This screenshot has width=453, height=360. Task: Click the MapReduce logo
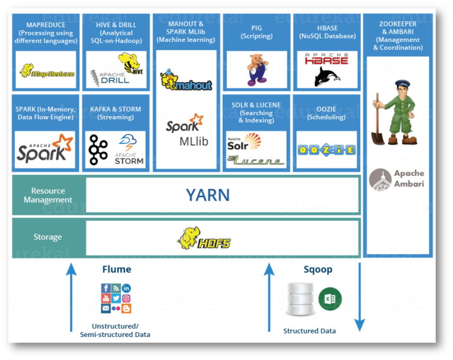coord(47,71)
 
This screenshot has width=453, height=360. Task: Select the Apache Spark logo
coord(45,149)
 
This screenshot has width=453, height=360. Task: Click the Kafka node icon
coord(98,150)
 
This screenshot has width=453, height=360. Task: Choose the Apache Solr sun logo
coord(244,142)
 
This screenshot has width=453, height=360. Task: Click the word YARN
coord(208,195)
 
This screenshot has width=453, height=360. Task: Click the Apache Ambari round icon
coord(380,179)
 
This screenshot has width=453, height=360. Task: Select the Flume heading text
coord(117,270)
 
